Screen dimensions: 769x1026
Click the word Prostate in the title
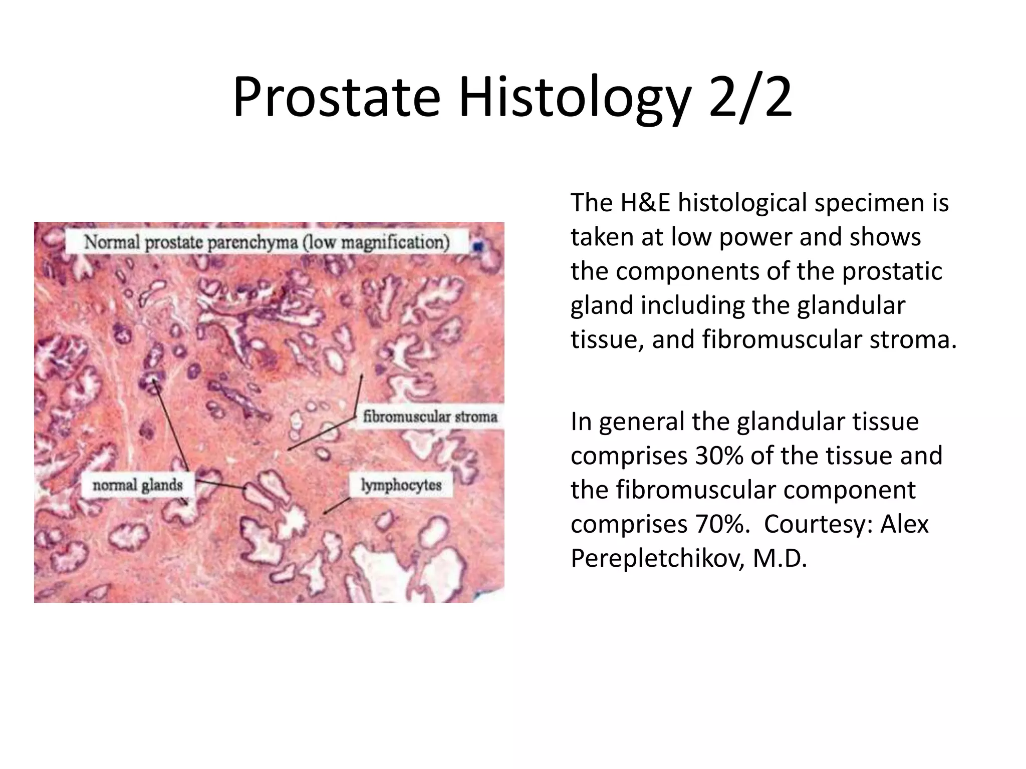336,98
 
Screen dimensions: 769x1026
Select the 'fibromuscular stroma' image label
430,417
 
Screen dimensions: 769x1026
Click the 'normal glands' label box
137,485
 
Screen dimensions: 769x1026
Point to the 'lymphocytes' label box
401,485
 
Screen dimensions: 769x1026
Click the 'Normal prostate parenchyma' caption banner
267,242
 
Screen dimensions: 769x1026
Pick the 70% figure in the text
717,524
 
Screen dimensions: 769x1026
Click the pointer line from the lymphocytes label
337,505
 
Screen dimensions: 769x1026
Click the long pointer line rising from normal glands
170,426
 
